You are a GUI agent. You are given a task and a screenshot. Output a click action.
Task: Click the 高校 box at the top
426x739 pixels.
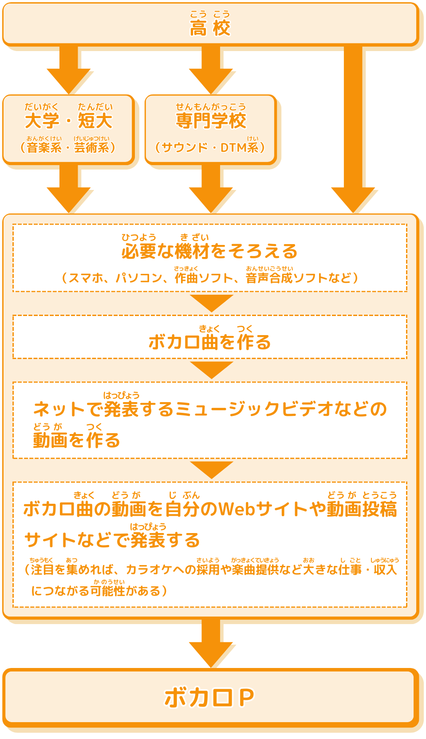tap(210, 24)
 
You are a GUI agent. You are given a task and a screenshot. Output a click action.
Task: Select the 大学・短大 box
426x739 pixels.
tap(68, 128)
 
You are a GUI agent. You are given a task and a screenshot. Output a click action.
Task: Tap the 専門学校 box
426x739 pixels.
tap(210, 128)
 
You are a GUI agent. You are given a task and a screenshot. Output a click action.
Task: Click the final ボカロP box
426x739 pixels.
tap(210, 697)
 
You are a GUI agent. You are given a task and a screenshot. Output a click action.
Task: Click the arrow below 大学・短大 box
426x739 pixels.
tap(69, 189)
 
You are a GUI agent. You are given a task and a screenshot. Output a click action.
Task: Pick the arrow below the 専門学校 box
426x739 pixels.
tap(211, 189)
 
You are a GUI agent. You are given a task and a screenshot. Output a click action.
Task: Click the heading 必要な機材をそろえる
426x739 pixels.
tap(209, 251)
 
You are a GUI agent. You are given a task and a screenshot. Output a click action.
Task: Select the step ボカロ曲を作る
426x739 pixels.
tap(209, 342)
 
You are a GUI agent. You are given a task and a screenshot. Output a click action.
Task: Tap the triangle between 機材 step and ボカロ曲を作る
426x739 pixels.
tap(212, 303)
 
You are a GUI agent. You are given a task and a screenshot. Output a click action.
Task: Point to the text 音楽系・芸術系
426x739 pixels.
tap(68, 147)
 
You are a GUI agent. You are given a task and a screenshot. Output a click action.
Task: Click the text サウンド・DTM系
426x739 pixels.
tap(210, 147)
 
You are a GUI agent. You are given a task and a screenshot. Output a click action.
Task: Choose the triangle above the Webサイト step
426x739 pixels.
tap(212, 469)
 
